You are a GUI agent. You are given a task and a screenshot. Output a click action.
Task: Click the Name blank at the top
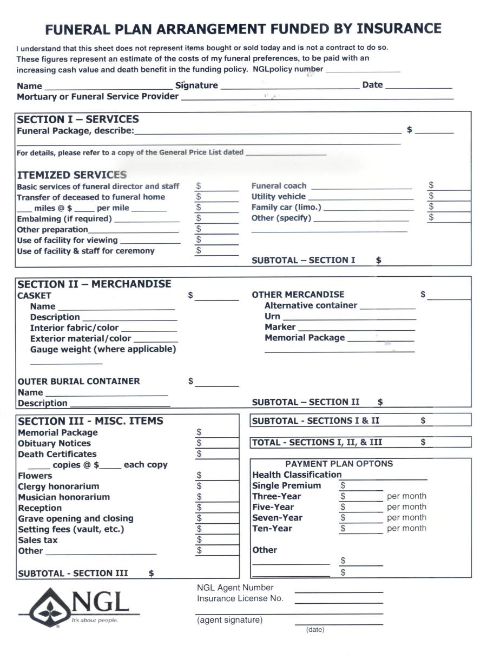(x=108, y=86)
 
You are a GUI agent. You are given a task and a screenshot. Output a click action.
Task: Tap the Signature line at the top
(x=290, y=86)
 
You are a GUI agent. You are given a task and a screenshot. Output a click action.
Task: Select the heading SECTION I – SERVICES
(x=78, y=119)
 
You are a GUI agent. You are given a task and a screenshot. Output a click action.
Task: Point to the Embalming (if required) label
(x=64, y=219)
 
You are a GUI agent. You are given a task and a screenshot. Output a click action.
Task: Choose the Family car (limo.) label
(x=286, y=207)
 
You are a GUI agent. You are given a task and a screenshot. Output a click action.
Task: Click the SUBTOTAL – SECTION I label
(x=304, y=261)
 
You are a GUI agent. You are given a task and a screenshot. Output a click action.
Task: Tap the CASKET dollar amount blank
(x=217, y=297)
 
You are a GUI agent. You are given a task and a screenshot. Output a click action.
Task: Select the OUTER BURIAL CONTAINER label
(x=78, y=381)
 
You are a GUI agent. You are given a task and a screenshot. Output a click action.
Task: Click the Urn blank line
(x=348, y=318)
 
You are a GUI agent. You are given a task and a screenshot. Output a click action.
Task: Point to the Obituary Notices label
(x=55, y=443)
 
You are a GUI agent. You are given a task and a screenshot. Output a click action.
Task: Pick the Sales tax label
(x=38, y=540)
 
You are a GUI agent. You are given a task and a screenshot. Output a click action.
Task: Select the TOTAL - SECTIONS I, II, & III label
(x=317, y=442)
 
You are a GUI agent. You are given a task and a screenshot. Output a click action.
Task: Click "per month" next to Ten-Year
(x=406, y=528)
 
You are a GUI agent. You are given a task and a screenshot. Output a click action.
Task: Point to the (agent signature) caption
(x=229, y=620)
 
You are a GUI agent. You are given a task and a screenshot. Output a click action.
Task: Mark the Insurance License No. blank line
(x=339, y=600)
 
